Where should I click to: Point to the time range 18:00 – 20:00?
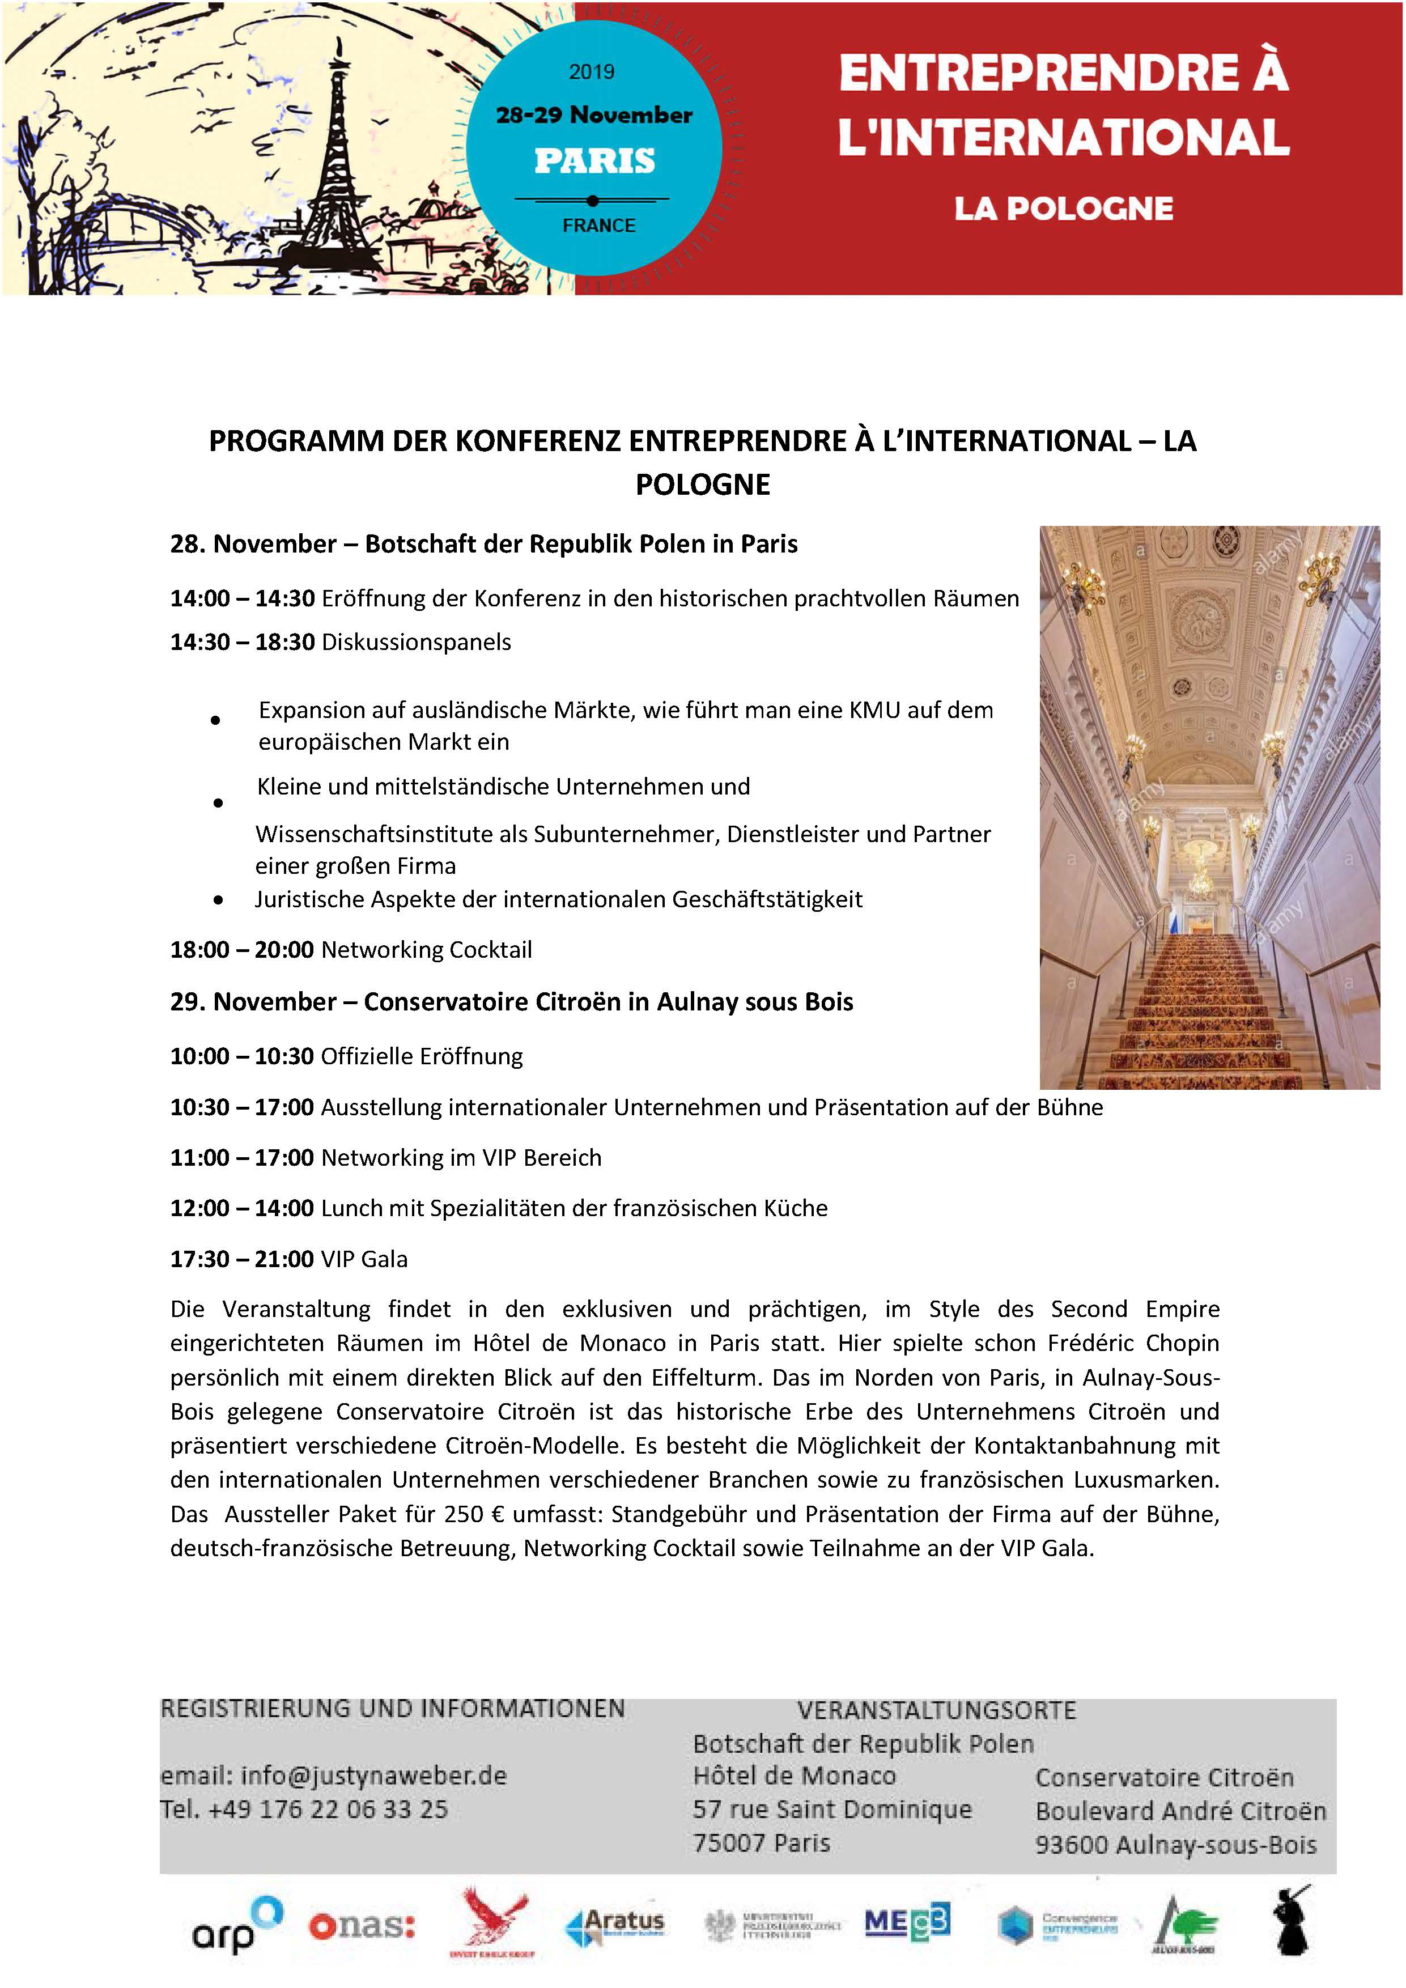point(241,950)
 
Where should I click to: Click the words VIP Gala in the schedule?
point(364,1259)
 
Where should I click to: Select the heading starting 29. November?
point(511,1002)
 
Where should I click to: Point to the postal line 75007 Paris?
point(761,1842)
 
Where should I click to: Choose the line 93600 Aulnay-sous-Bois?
point(1176,1844)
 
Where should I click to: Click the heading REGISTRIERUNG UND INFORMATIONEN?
point(392,1708)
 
